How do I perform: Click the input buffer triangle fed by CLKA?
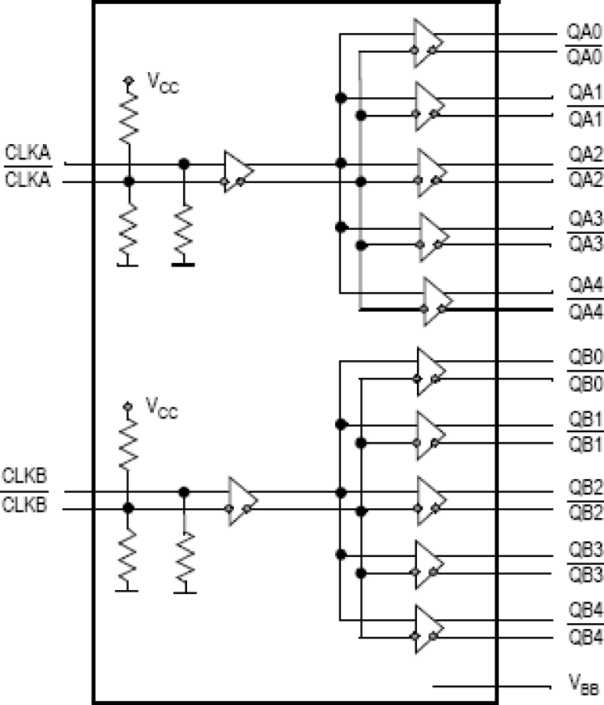click(x=237, y=172)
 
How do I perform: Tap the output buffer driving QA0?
click(x=427, y=42)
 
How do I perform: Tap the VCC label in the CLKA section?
click(x=163, y=81)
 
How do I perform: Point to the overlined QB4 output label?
click(x=583, y=636)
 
